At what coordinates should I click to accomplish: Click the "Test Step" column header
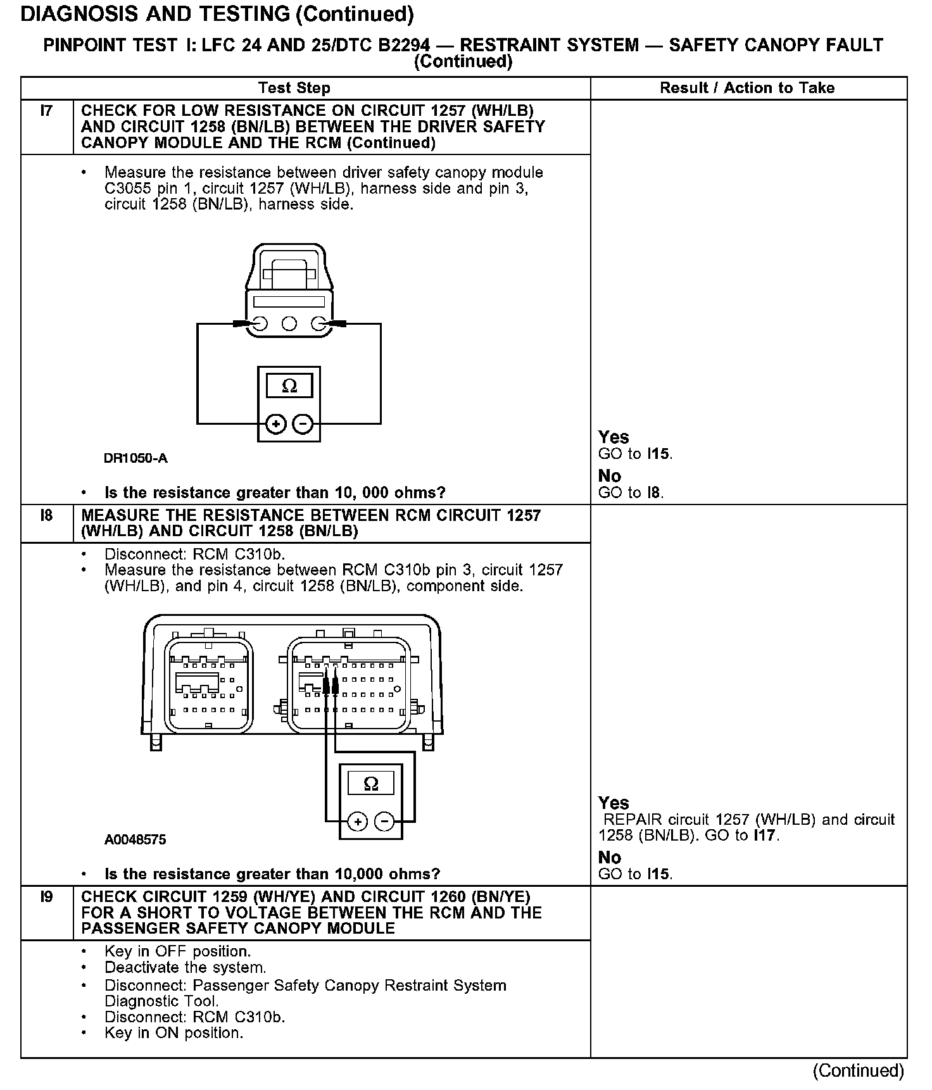294,88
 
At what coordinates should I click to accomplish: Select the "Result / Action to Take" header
747,88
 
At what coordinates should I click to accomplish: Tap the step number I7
46,111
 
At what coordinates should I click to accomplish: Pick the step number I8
46,516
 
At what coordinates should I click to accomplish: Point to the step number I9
46,897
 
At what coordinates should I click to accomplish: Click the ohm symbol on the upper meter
289,385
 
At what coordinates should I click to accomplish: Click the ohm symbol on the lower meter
371,784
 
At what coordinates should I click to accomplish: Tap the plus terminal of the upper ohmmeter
275,423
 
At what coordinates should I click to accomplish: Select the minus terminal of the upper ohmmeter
303,423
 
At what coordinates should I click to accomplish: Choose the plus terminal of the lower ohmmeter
358,822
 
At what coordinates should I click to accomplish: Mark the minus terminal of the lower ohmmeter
385,822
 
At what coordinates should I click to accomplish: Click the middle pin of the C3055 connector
289,324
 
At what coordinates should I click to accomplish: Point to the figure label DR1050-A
135,458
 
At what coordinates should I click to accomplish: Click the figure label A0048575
135,839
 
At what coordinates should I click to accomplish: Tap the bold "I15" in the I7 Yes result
658,454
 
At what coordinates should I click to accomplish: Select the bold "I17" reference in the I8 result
765,836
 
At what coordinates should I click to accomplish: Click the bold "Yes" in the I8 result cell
614,803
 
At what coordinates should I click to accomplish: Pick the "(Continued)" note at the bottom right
859,1070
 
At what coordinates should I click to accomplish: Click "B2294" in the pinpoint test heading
398,46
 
